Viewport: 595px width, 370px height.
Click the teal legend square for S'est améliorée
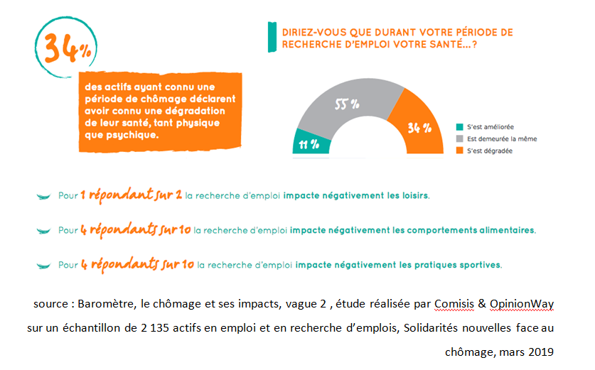tap(460, 126)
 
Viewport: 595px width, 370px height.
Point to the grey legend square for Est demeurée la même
tap(460, 138)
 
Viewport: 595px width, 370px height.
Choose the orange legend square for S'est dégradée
tap(460, 151)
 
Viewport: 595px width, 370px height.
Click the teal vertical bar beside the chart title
tap(271, 36)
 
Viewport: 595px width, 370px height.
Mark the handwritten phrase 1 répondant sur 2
tap(130, 194)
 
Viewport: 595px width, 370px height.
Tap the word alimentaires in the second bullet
tap(501, 230)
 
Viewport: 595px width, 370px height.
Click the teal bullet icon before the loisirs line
tap(44, 196)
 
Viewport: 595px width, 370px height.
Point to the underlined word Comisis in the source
tap(456, 304)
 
